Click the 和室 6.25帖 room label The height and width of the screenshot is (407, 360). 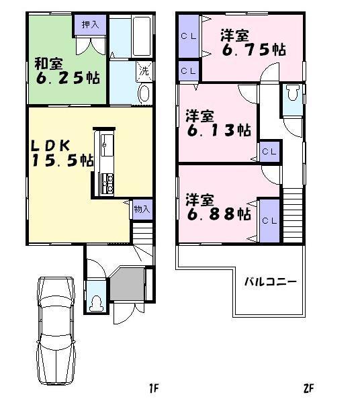67,71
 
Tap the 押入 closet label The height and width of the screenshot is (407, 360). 89,24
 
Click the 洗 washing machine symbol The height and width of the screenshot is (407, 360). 144,69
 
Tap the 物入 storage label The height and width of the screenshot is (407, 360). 142,209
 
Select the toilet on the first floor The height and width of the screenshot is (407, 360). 96,303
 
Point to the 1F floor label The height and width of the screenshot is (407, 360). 154,388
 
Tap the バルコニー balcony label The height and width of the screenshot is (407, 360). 270,282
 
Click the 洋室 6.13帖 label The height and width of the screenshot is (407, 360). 218,123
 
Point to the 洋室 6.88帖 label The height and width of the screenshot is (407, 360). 218,208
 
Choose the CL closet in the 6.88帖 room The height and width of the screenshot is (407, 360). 269,220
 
